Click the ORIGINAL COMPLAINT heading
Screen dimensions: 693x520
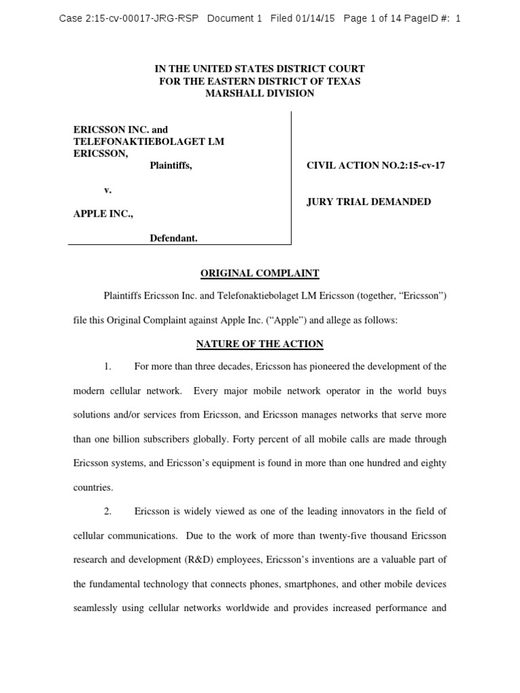tap(259, 273)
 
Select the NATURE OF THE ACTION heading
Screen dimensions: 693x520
tap(259, 344)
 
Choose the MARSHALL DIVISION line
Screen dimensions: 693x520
tap(259, 93)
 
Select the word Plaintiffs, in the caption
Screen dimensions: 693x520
tap(171, 165)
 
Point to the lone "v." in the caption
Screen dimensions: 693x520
tap(107, 189)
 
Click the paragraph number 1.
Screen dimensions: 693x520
tap(107, 367)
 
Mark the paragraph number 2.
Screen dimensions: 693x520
tap(107, 511)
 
